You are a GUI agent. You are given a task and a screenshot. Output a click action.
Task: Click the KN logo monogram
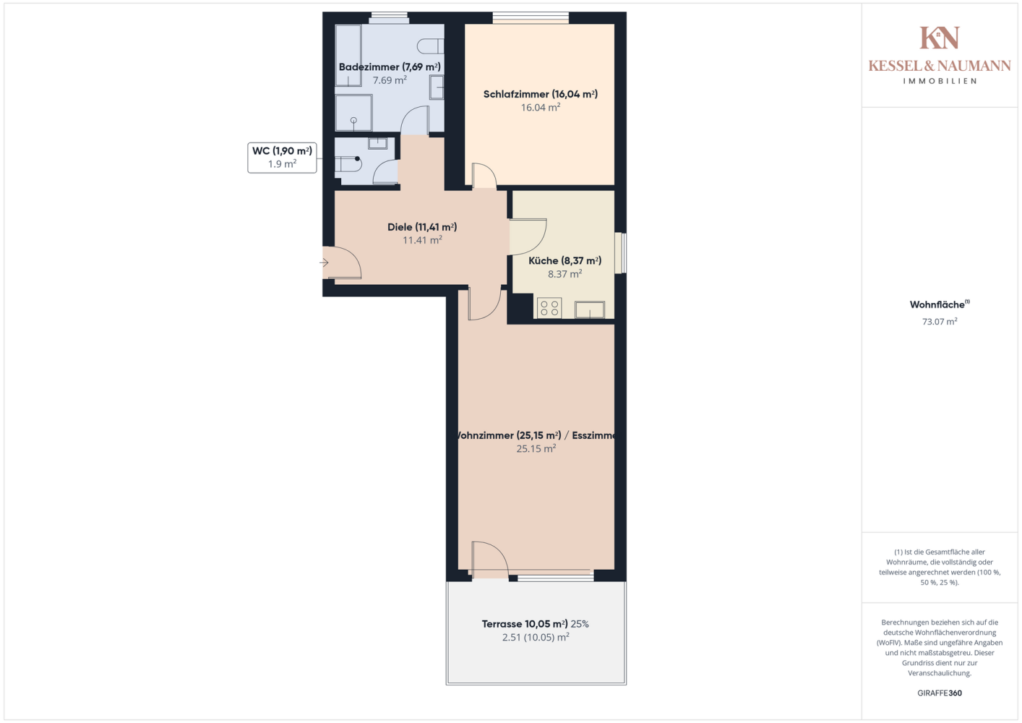click(x=940, y=38)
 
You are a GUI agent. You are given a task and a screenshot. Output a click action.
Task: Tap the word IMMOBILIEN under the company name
click(x=940, y=81)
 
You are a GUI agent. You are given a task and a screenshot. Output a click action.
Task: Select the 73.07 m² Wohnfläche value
click(x=940, y=321)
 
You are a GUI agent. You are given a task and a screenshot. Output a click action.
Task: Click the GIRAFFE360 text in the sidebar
click(x=940, y=693)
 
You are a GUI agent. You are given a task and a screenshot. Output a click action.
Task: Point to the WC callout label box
click(x=282, y=158)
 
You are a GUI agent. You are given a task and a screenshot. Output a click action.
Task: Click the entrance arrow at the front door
click(x=324, y=262)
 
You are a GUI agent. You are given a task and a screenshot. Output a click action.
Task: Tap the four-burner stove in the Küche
click(x=549, y=308)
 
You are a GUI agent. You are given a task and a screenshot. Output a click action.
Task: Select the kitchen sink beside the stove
click(x=590, y=309)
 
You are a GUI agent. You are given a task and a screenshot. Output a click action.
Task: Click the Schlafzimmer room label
click(x=540, y=95)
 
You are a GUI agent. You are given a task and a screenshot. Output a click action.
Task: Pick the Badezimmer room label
click(x=390, y=67)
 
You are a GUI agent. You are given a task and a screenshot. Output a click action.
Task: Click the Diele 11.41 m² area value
click(x=423, y=239)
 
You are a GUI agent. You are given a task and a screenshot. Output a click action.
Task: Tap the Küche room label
click(x=564, y=260)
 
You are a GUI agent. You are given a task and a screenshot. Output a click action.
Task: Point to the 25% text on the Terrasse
click(x=580, y=624)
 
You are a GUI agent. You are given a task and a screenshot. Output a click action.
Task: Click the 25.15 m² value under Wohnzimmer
click(x=536, y=448)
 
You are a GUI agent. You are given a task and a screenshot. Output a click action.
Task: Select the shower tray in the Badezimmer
click(x=353, y=113)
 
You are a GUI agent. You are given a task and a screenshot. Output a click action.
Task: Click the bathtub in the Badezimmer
click(x=348, y=55)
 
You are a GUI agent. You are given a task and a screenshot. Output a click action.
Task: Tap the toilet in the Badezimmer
click(x=430, y=46)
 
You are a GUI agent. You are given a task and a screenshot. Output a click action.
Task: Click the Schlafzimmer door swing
click(x=484, y=175)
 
